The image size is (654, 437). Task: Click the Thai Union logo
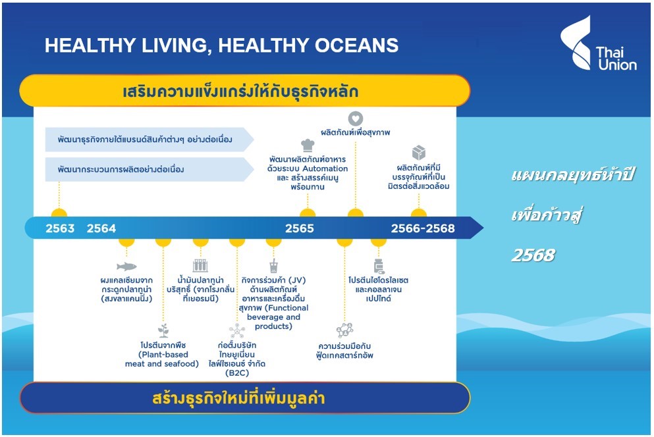[x=598, y=43]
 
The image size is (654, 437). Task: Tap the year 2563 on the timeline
[x=60, y=228]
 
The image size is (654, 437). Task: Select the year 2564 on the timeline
[x=101, y=228]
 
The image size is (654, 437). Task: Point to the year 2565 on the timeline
[x=300, y=228]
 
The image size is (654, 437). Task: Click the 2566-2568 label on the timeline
[x=423, y=228]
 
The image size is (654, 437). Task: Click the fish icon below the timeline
[x=126, y=266]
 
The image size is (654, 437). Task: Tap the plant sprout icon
[x=163, y=330]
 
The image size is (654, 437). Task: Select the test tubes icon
[x=201, y=266]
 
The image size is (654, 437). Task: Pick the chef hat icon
[x=308, y=145]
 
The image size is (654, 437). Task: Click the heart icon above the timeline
[x=356, y=119]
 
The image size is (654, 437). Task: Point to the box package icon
[x=419, y=153]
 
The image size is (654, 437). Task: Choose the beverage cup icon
[x=273, y=266]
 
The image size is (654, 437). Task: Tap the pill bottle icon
[x=379, y=266]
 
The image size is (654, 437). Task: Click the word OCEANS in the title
[x=356, y=45]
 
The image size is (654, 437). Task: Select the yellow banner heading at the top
[x=245, y=91]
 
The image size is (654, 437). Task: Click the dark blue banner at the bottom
[x=245, y=398]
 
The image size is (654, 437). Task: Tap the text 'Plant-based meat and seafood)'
[x=162, y=359]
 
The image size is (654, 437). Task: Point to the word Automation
[x=325, y=168]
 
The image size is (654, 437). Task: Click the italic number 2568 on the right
[x=533, y=255]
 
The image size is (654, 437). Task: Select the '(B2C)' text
[x=237, y=373]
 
